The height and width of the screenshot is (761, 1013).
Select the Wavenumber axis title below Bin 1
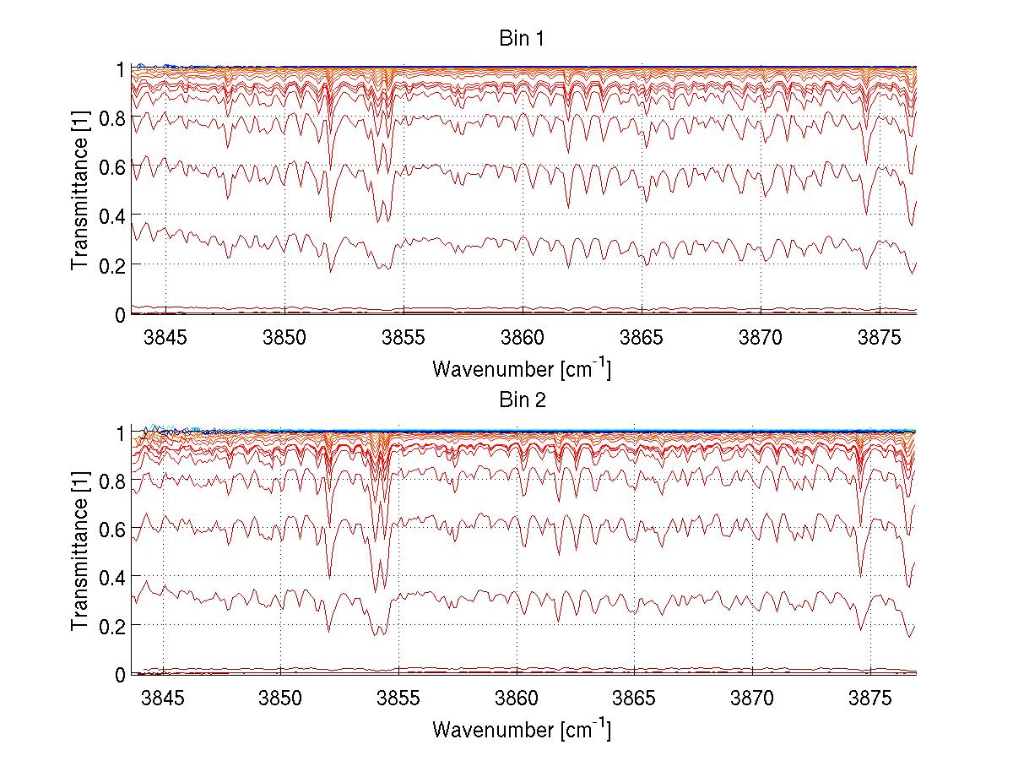tap(522, 369)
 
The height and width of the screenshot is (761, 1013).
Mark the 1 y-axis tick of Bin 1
tap(119, 69)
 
